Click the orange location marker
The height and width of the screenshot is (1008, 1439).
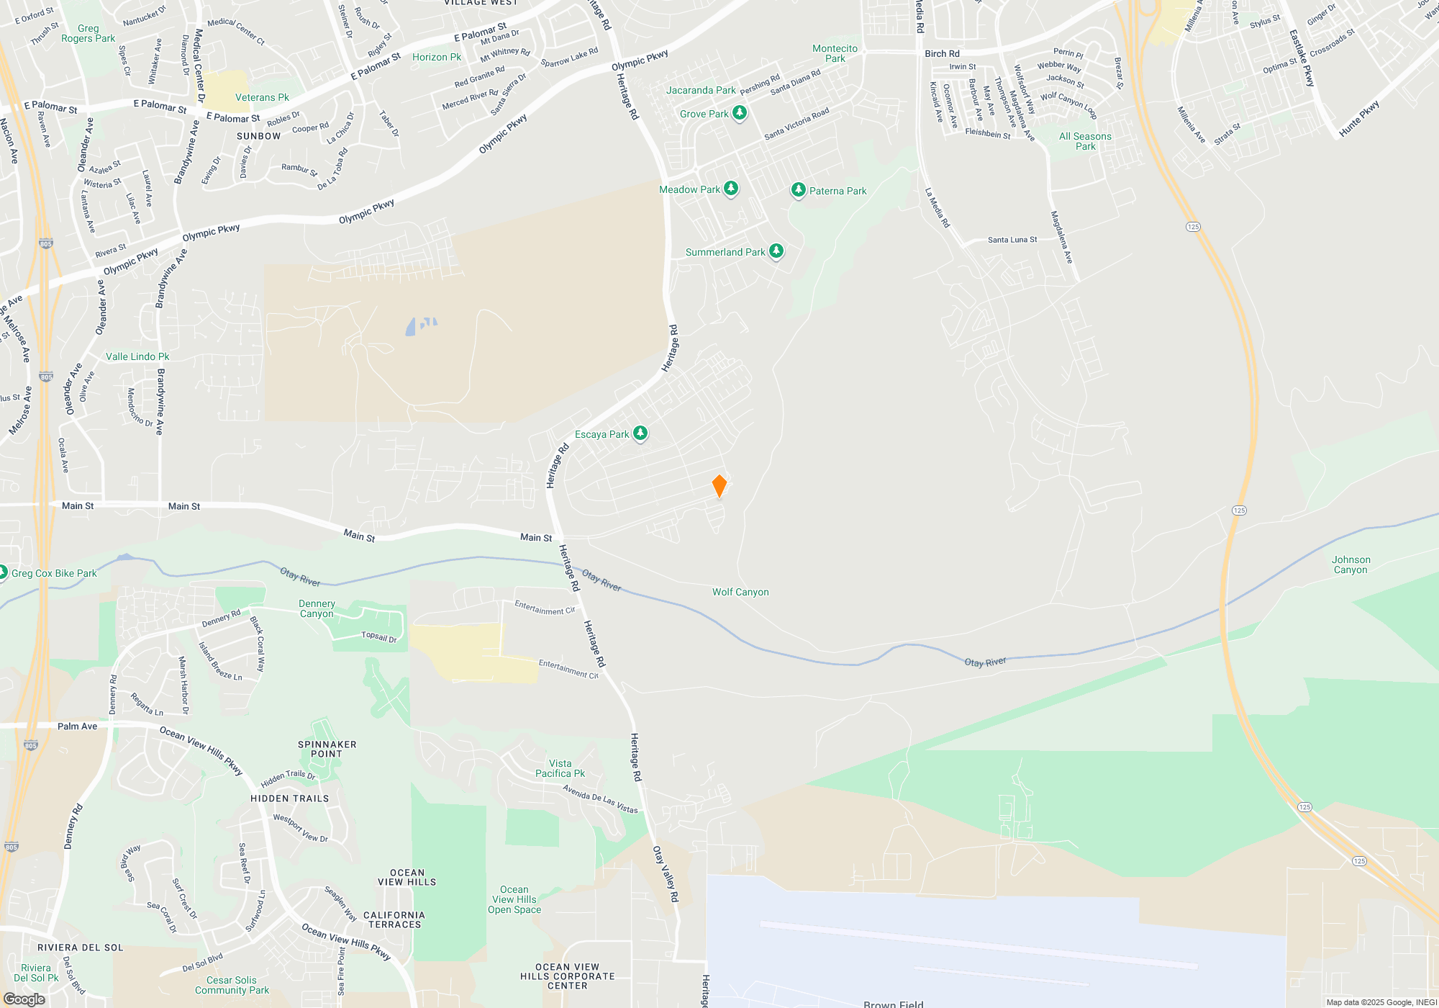[x=719, y=486]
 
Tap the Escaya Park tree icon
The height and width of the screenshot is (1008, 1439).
[x=640, y=433]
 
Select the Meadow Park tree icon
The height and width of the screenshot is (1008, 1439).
[x=731, y=189]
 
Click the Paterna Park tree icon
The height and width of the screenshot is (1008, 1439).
[x=798, y=190]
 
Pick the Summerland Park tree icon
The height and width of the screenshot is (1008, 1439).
[x=776, y=251]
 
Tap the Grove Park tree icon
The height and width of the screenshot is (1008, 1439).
[x=740, y=113]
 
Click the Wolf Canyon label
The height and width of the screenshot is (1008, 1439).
[x=740, y=592]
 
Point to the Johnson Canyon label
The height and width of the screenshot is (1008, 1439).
[x=1351, y=564]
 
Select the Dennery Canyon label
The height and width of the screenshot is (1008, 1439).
[x=317, y=608]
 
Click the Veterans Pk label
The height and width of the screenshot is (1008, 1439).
[x=262, y=97]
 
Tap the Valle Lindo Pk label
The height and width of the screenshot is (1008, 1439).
[x=137, y=356]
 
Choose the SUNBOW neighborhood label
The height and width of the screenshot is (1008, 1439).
[x=258, y=136]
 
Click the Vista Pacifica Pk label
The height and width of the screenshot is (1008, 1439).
[x=560, y=768]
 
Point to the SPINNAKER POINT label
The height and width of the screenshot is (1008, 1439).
[x=327, y=749]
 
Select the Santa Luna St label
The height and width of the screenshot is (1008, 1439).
[x=1012, y=240]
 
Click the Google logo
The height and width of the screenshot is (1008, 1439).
[x=24, y=999]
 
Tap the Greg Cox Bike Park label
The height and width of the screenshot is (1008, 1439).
[x=54, y=573]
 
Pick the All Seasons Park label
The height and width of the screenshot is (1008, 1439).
[x=1085, y=141]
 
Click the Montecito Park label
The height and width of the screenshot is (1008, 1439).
[x=835, y=53]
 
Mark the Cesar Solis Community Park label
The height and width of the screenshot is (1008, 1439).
[x=232, y=985]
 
